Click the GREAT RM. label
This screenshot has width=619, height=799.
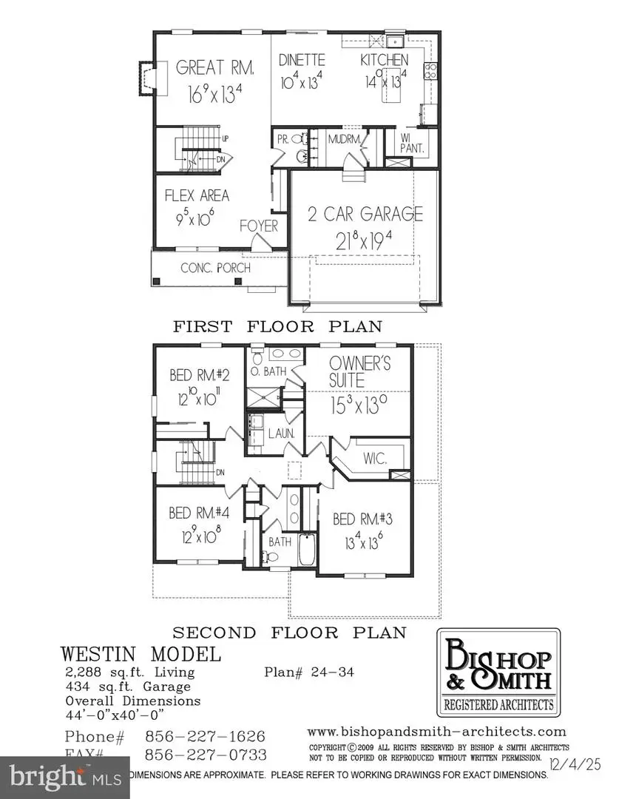click(x=215, y=68)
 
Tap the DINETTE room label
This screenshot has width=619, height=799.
click(x=302, y=60)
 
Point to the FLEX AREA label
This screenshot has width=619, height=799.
click(x=196, y=196)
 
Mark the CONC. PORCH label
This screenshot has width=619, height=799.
click(x=215, y=268)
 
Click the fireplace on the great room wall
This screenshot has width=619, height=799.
click(x=146, y=77)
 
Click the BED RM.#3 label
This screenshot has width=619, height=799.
click(x=363, y=519)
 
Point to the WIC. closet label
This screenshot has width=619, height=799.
click(x=375, y=458)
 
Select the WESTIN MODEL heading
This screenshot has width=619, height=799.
click(x=141, y=654)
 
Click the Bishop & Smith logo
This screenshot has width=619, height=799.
click(x=497, y=672)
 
